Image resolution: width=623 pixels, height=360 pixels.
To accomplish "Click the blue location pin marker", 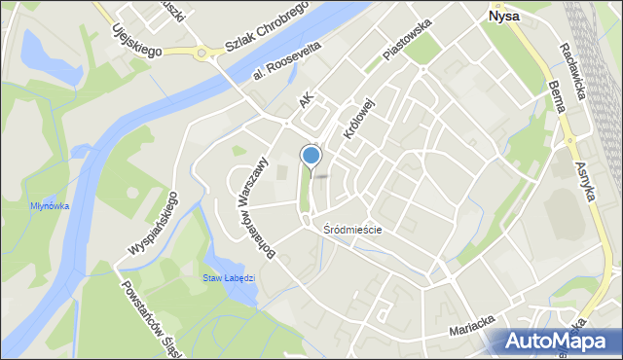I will point(311,156).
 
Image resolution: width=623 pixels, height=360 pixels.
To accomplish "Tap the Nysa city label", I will point(502,17).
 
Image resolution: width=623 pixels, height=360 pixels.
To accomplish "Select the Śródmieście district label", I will point(352,230).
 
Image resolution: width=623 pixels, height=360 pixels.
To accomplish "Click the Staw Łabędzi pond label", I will point(229,277).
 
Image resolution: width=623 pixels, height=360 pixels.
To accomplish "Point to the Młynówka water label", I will point(49,205).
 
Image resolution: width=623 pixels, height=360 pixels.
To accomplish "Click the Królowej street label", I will point(357,115).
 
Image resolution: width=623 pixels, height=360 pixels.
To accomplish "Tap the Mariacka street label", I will point(473,331).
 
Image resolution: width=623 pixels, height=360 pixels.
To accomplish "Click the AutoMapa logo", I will point(558,341).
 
